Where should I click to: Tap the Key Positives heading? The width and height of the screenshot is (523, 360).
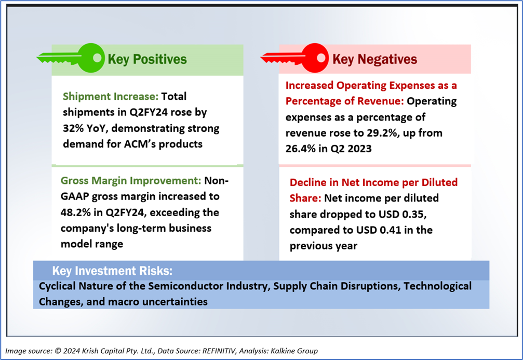tap(147, 59)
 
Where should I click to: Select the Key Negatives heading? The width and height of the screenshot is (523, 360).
tap(374, 59)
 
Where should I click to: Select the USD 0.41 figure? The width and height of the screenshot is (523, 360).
tap(379, 230)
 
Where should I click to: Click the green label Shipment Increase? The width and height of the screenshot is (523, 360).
tap(111, 97)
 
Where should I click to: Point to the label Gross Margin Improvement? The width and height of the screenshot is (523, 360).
tap(131, 180)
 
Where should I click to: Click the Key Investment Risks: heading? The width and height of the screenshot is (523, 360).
tap(112, 271)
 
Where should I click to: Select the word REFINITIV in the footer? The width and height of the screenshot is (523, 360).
tap(219, 351)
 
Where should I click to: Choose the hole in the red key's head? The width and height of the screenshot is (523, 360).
tap(321, 58)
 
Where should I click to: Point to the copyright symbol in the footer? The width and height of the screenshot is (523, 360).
tap(58, 351)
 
